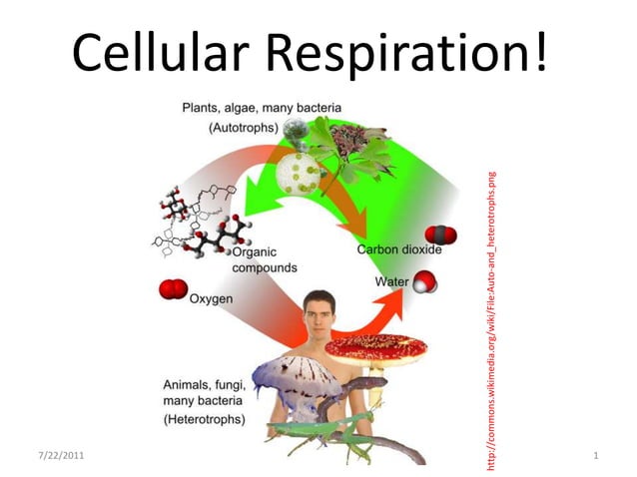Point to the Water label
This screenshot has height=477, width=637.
[x=392, y=282]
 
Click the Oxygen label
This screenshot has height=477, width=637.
[x=212, y=298]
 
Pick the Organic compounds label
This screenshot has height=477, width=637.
[x=265, y=260]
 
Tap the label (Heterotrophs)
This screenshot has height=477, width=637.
[x=204, y=420]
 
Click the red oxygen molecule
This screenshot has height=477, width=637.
[x=173, y=290]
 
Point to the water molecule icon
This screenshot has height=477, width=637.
[x=426, y=282]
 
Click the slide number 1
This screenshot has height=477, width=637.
[x=595, y=455]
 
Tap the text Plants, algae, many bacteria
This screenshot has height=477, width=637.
[x=262, y=107]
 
